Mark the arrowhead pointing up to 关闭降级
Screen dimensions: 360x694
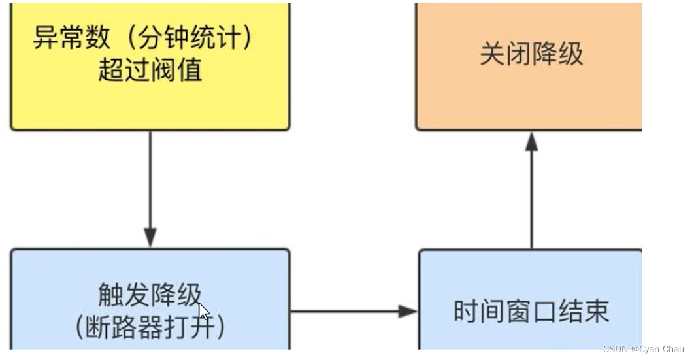(532, 142)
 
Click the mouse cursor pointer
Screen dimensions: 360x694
(203, 310)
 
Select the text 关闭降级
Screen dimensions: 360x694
(531, 54)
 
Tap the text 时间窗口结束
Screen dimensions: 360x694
(531, 312)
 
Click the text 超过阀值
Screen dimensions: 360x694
(150, 69)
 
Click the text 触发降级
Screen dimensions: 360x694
(150, 296)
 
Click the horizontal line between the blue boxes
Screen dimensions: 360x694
(346, 312)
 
